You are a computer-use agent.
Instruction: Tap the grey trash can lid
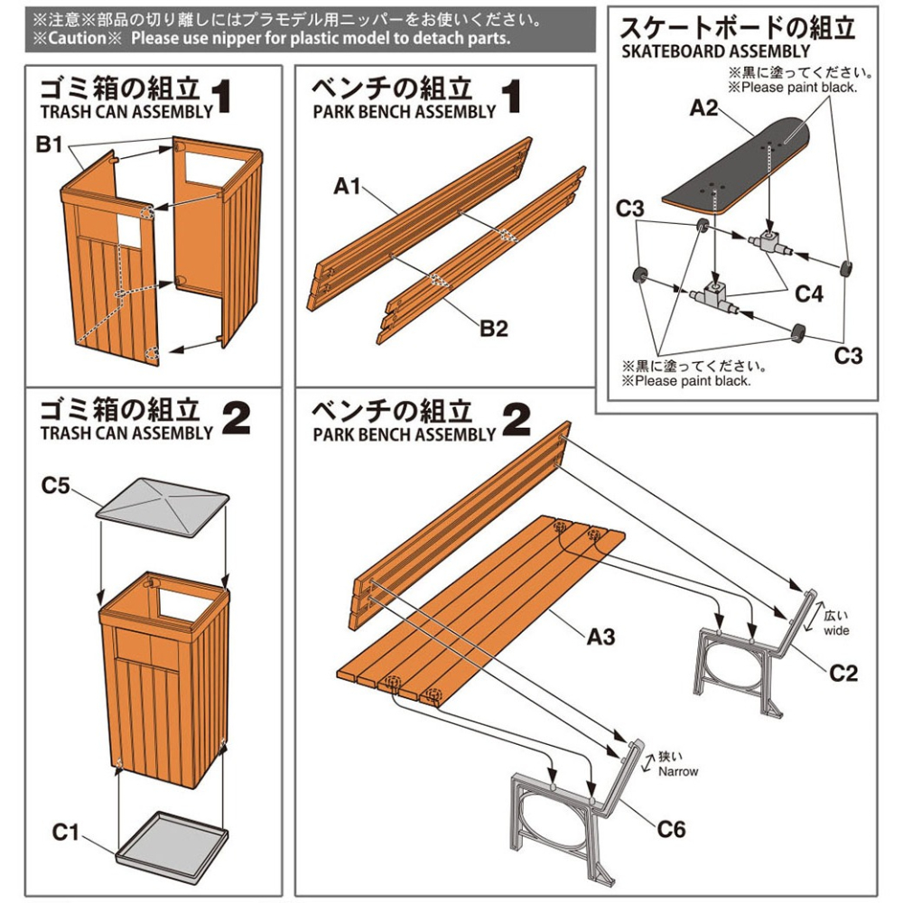coord(163,510)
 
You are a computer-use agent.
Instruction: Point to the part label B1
coord(50,144)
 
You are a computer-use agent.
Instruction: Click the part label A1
coord(348,187)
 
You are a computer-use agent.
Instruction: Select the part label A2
coord(703,108)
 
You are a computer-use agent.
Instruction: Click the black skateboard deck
coord(740,167)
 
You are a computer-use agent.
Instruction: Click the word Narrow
coord(678,772)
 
